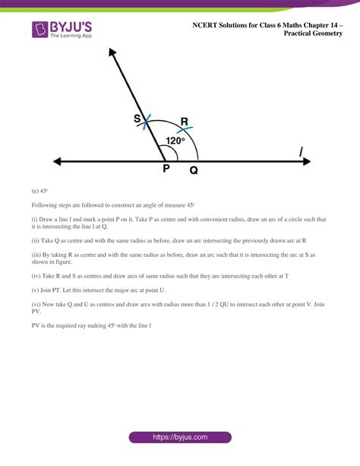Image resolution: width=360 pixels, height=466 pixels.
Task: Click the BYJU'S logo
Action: tap(61, 31)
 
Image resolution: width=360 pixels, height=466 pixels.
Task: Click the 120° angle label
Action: tap(175, 141)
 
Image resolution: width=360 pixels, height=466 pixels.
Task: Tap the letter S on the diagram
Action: tap(137, 119)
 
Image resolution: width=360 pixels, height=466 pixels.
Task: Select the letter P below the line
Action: tap(166, 170)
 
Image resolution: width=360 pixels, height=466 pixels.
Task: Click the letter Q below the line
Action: tap(194, 171)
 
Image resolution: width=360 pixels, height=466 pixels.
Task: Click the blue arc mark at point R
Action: tap(185, 129)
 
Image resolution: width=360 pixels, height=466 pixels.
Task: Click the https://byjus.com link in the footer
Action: tap(180, 438)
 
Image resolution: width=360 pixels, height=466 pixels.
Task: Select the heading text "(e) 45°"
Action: tap(39, 192)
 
